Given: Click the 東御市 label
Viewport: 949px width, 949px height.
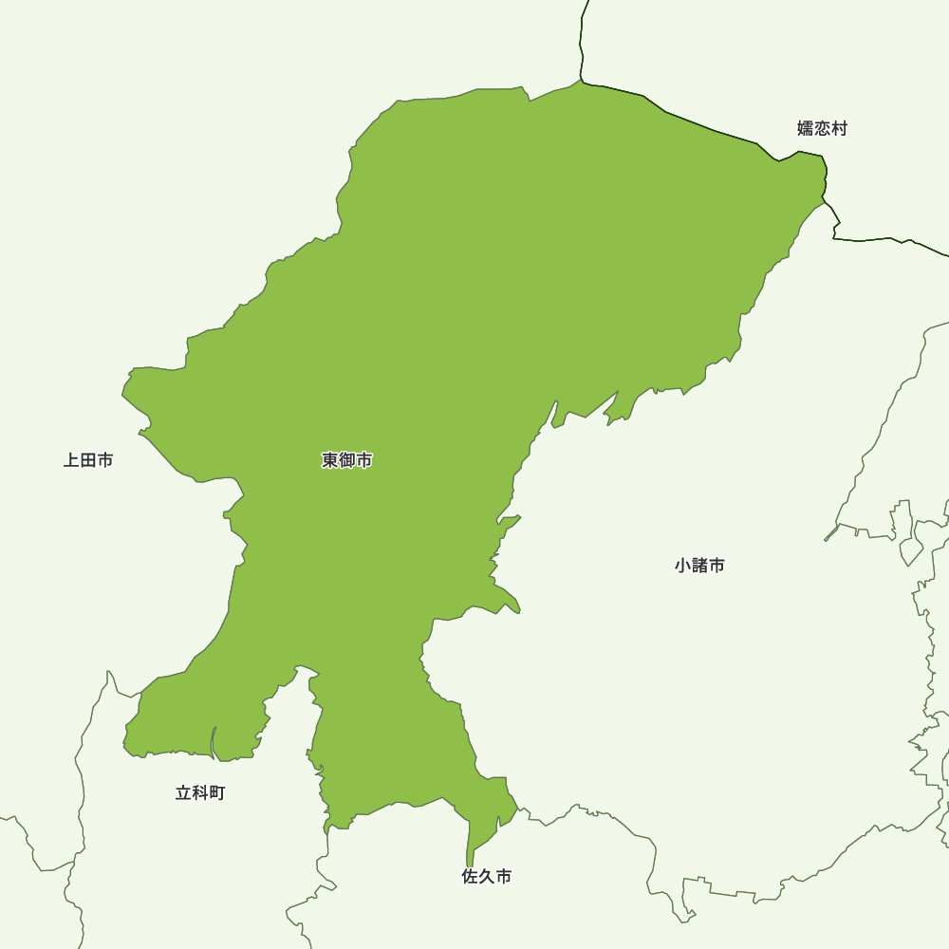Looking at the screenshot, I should tap(346, 461).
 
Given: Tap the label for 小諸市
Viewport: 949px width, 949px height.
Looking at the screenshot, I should tap(699, 566).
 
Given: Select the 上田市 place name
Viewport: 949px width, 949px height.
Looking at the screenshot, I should tap(88, 461).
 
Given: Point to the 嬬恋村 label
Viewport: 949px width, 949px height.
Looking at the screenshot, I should tap(822, 128).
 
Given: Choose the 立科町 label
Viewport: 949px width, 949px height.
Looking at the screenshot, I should tap(200, 793).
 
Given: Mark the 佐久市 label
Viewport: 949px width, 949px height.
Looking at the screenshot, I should tap(487, 878).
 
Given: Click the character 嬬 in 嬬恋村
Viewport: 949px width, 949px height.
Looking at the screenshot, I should tap(806, 128).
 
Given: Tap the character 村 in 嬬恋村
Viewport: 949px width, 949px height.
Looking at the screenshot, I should tap(839, 128).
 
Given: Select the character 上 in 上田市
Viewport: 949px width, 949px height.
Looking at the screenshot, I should tap(71, 461).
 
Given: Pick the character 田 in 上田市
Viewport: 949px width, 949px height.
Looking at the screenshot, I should tap(88, 461).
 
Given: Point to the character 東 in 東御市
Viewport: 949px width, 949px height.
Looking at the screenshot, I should tap(329, 461).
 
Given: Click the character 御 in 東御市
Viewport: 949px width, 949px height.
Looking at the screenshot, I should tap(346, 461).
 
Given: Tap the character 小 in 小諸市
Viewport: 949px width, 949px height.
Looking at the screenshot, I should tap(682, 566).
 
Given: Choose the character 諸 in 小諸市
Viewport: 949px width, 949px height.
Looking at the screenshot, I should tap(699, 566).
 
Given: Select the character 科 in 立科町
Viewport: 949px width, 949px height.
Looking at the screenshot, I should tap(200, 793).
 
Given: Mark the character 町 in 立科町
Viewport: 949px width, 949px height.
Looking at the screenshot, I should tap(217, 793).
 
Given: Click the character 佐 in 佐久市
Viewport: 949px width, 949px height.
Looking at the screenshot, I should tap(470, 878).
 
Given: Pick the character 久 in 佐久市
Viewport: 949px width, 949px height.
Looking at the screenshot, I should tap(487, 878).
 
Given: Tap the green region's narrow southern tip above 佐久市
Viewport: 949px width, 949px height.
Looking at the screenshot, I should tap(470, 859).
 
